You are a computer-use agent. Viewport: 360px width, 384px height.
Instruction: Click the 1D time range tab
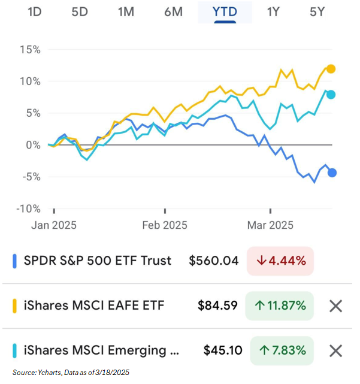[34, 11]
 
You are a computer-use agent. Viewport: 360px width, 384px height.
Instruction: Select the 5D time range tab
[80, 11]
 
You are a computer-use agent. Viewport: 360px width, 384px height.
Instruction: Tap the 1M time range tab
[126, 11]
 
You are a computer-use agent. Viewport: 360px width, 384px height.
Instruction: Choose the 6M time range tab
[173, 11]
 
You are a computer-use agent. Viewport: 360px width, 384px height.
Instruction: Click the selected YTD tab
[225, 11]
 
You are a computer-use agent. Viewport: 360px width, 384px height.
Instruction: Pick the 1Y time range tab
[273, 11]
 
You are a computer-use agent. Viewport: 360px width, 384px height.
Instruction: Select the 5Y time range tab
[318, 11]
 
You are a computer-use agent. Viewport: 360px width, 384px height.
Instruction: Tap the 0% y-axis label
[32, 145]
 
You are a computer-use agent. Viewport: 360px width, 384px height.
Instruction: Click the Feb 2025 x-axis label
[164, 225]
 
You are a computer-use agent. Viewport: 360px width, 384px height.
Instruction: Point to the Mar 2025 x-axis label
[271, 225]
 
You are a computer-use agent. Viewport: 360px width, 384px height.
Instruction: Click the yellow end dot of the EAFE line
[331, 69]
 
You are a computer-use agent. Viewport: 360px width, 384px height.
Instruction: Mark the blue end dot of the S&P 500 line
[332, 173]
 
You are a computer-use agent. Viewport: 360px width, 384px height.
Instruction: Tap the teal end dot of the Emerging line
[331, 94]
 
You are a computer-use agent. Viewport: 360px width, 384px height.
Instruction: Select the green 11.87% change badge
[279, 306]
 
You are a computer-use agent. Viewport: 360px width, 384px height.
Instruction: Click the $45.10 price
[221, 350]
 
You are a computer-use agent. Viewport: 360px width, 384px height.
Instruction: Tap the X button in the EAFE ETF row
[336, 306]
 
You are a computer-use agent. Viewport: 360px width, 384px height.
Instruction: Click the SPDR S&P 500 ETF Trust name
[97, 261]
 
